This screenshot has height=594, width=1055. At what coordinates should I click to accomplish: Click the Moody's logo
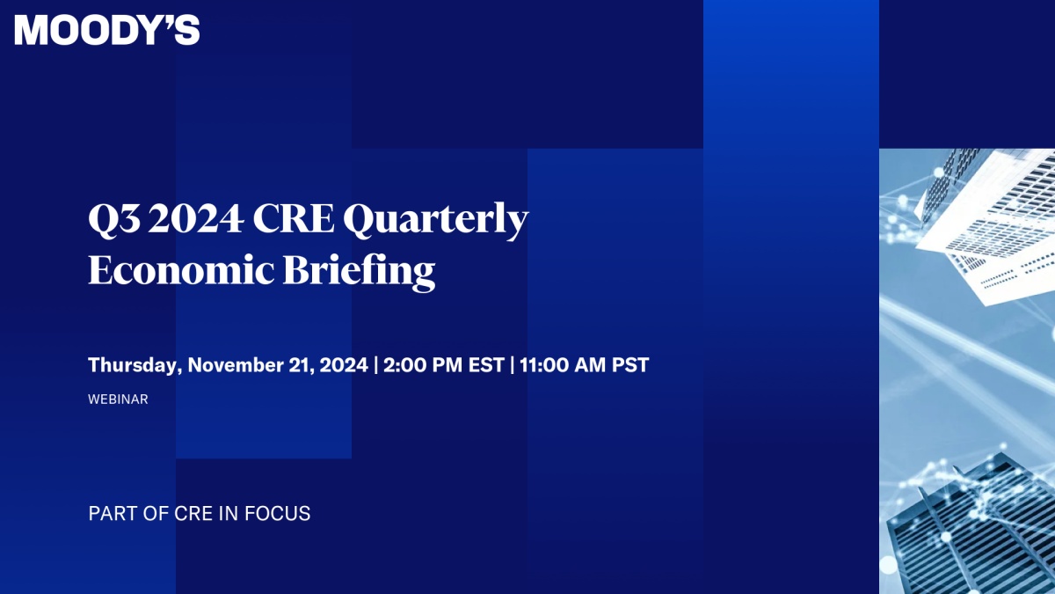107,30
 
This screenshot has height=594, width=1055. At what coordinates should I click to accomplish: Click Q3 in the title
114,220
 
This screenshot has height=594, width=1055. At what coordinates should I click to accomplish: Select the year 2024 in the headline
196,218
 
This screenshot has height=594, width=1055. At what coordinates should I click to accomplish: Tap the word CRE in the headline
294,218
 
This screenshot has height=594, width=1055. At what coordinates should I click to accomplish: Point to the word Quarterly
436,221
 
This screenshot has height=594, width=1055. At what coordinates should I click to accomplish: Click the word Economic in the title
181,270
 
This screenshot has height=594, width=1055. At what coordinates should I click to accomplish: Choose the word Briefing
359,272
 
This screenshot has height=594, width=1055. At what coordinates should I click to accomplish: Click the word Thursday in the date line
133,365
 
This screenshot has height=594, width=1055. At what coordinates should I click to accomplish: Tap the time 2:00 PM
423,365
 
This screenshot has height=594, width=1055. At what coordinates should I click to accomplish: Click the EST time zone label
486,365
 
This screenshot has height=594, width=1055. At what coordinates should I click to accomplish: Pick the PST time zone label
630,365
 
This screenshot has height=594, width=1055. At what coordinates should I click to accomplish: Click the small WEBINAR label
118,400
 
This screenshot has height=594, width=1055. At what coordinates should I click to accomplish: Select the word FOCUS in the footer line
278,513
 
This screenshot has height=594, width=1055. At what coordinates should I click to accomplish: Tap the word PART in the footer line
113,513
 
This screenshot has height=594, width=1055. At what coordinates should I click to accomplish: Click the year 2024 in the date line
344,365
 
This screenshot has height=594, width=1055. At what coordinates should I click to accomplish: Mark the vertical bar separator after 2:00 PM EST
512,365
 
